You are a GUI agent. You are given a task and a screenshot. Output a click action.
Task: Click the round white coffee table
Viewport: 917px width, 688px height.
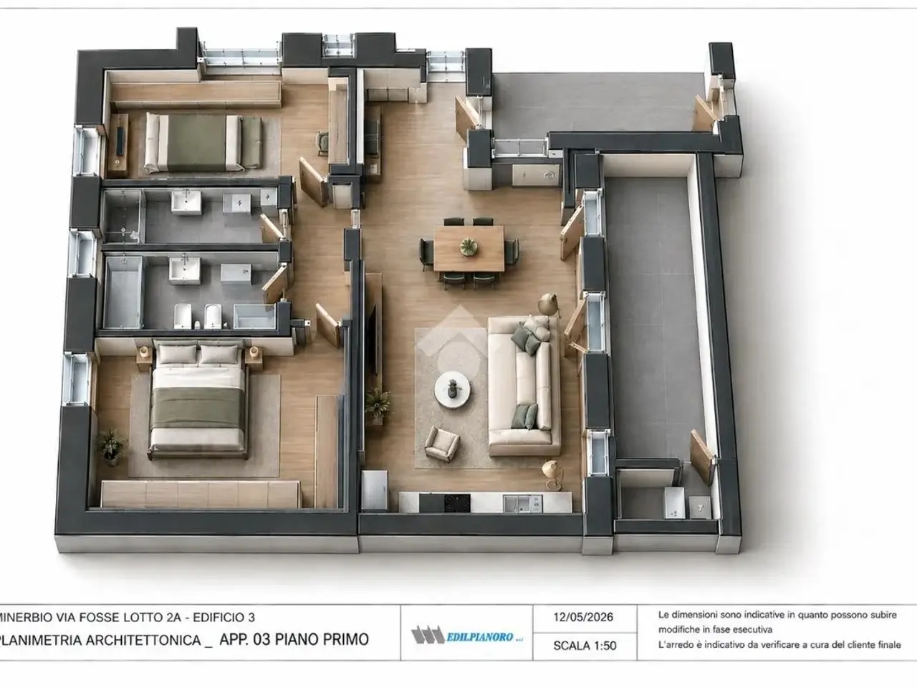click(x=453, y=390)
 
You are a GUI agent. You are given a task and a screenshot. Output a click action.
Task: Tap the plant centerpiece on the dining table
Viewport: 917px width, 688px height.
click(x=469, y=247)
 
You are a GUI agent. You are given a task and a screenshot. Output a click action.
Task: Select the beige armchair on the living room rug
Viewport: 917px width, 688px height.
click(x=442, y=444)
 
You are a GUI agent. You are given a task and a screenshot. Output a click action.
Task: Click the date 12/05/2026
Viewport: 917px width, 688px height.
click(x=583, y=617)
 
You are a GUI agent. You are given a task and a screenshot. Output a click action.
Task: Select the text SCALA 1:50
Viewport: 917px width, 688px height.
click(x=585, y=646)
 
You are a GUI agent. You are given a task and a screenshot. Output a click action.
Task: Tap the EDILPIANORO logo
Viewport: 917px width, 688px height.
click(x=466, y=635)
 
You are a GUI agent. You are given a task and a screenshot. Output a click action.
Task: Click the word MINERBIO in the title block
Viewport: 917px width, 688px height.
click(x=27, y=617)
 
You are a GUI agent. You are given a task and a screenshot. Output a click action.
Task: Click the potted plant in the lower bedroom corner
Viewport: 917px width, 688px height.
click(x=110, y=447)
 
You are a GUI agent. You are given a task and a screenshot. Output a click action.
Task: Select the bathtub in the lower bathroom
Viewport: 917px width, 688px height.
click(x=123, y=292)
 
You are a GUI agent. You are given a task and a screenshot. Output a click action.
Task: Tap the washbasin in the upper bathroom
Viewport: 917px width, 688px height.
click(x=186, y=202)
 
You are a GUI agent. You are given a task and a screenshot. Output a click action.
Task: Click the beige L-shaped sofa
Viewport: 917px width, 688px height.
click(x=524, y=386)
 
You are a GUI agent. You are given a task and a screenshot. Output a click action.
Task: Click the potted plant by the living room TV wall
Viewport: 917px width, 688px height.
click(x=378, y=405)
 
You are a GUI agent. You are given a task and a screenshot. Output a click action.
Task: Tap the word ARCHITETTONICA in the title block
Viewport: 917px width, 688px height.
click(x=143, y=639)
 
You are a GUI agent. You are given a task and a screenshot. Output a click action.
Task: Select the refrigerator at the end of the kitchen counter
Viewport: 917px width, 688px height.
click(x=375, y=489)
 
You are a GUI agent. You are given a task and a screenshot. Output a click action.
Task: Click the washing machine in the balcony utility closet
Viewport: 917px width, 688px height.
click(x=674, y=502)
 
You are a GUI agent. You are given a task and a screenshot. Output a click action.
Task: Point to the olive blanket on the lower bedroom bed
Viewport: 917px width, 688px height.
click(x=198, y=408)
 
